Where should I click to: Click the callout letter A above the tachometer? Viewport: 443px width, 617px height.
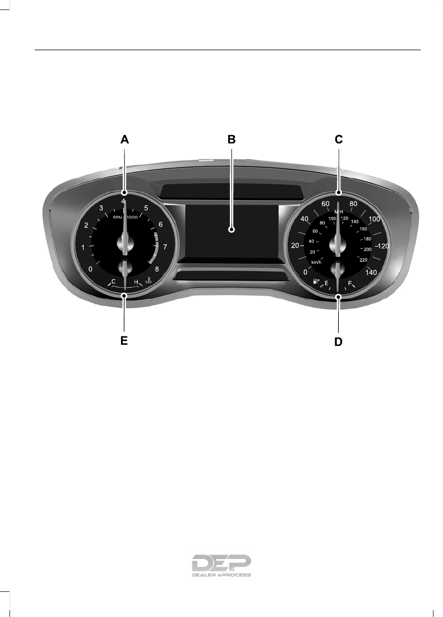click(x=124, y=141)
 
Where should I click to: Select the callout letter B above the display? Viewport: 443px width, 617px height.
click(x=232, y=141)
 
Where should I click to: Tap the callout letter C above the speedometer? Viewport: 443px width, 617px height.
click(x=338, y=141)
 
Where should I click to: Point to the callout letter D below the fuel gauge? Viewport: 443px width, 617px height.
click(x=338, y=341)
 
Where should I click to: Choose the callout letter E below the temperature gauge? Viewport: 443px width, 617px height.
click(x=124, y=341)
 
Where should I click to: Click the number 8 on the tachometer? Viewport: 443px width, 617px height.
click(x=157, y=269)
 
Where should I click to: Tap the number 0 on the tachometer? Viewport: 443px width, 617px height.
click(x=91, y=269)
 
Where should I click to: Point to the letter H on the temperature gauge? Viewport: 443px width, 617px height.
click(x=136, y=282)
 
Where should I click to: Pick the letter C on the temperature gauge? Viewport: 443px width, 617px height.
click(x=113, y=282)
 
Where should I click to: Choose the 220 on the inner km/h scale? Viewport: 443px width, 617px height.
click(x=364, y=259)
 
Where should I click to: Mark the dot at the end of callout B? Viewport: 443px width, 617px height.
click(x=232, y=229)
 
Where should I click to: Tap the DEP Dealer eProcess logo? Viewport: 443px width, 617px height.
click(x=221, y=565)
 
